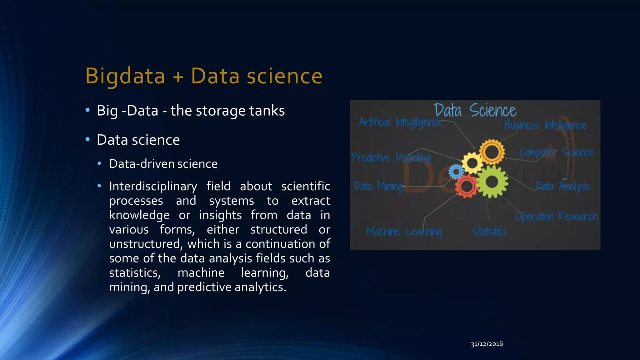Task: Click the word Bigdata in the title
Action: click(x=125, y=76)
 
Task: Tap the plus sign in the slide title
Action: click(x=178, y=77)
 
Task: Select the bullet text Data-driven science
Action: click(x=163, y=164)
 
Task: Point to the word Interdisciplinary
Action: click(x=153, y=186)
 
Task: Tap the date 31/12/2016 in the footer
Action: click(x=487, y=344)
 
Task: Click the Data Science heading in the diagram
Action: click(x=475, y=110)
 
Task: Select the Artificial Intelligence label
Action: click(x=400, y=122)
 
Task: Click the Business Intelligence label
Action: click(x=545, y=125)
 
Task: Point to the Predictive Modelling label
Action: click(x=391, y=157)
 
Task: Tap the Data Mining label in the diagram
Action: click(x=378, y=187)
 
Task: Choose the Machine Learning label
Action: click(x=404, y=232)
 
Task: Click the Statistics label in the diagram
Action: click(x=489, y=232)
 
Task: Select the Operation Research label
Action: click(x=557, y=216)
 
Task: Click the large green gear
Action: click(x=492, y=182)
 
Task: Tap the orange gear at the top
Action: click(x=492, y=152)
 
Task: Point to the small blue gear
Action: click(x=456, y=171)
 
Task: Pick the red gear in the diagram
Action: click(x=467, y=186)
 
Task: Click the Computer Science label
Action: click(x=556, y=152)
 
